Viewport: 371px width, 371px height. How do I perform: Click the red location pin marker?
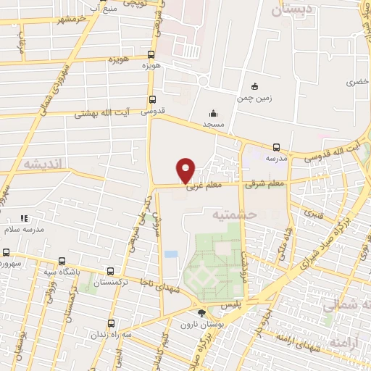(186, 170)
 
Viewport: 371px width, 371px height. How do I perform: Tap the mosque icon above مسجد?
(213, 113)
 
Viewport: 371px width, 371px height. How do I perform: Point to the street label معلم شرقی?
(264, 185)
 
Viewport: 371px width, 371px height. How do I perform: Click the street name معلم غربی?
(203, 188)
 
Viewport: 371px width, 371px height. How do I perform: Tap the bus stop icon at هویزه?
(151, 54)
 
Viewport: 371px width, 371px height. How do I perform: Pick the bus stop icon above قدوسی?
(152, 100)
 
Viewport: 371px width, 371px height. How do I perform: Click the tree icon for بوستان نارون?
(201, 313)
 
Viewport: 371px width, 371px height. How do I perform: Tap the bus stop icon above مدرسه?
(275, 146)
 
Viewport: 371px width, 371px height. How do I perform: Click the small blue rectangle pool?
(170, 254)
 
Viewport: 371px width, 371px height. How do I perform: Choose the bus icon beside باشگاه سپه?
(62, 262)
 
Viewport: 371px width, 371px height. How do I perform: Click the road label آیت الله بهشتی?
(102, 114)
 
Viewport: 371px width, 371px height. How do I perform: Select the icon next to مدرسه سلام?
(23, 217)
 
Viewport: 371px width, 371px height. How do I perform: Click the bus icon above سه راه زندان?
(111, 323)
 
